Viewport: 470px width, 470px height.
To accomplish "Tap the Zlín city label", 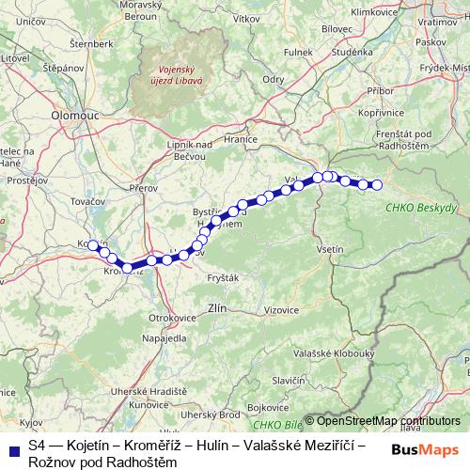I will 216,307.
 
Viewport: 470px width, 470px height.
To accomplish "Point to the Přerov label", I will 144,187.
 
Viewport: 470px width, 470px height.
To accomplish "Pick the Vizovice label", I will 281,309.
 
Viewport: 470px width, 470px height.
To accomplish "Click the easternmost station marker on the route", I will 378,185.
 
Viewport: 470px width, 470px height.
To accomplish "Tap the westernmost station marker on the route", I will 93,245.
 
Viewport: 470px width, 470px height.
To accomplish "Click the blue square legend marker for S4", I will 12,442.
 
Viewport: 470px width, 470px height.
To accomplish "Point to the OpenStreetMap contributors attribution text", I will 388,421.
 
